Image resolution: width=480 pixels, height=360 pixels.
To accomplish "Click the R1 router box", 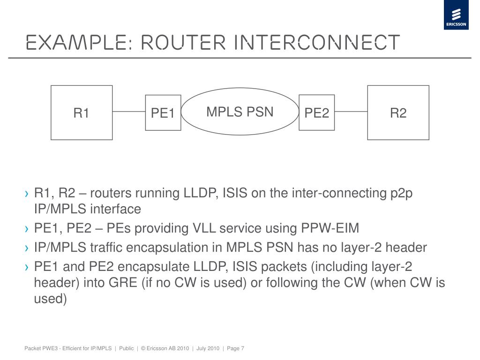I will [x=82, y=112].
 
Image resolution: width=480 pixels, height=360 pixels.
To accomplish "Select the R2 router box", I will [x=398, y=112].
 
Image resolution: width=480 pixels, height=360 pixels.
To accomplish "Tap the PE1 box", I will [x=163, y=113].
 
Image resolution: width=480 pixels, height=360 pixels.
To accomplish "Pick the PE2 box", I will [x=317, y=112].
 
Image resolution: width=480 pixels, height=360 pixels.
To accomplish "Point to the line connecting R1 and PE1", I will [x=129, y=112].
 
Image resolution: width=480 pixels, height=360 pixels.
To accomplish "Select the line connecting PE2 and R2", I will [x=351, y=112].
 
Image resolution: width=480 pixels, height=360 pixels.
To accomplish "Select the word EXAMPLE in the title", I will [x=76, y=42].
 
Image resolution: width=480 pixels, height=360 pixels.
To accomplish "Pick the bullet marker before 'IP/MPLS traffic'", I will [x=28, y=248].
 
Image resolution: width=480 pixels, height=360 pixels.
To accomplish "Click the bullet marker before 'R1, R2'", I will [x=28, y=194].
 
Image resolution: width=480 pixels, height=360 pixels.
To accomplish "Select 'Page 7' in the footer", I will [x=235, y=348].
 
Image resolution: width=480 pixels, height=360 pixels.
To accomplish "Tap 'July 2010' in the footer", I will [x=208, y=348].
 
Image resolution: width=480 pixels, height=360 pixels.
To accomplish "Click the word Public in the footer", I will [x=126, y=348].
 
